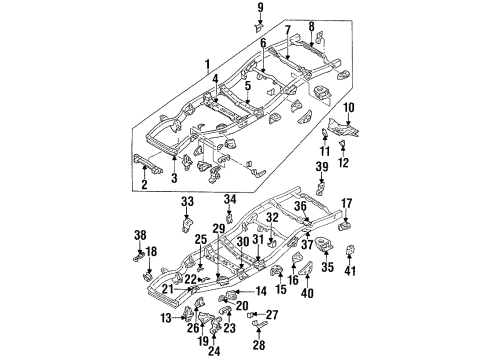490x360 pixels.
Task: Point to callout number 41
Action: [x=349, y=272]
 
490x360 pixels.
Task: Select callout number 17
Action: [x=347, y=204]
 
